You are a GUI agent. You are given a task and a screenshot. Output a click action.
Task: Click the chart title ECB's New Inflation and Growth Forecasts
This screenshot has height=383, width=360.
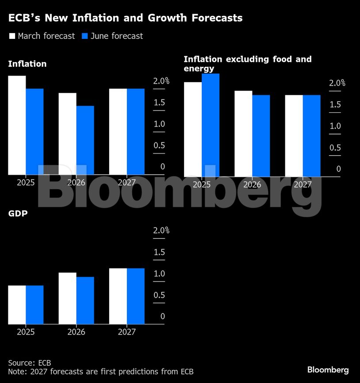click(x=125, y=18)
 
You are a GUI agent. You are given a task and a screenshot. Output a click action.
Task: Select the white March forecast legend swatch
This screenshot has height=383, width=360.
click(x=12, y=36)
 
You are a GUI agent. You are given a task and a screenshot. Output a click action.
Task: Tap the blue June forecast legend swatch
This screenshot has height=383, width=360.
click(x=85, y=36)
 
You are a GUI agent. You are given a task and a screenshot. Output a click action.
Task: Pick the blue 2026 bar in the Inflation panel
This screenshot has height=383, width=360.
click(x=85, y=140)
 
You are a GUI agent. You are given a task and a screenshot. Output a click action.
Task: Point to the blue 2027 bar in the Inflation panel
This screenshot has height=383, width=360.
click(x=136, y=132)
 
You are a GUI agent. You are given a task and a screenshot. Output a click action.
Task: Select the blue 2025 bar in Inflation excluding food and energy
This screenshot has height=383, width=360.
click(x=211, y=125)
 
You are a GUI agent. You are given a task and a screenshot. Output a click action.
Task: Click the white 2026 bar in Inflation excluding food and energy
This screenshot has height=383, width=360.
click(x=243, y=134)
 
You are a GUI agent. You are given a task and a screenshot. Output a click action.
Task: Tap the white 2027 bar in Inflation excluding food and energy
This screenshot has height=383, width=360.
click(x=294, y=136)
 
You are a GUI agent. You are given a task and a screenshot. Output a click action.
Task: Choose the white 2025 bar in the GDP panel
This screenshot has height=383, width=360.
click(x=17, y=305)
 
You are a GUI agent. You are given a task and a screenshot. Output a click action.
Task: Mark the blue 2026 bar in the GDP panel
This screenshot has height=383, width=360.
click(x=85, y=300)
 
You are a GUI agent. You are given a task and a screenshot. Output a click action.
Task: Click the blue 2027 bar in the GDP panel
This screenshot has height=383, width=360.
click(x=136, y=296)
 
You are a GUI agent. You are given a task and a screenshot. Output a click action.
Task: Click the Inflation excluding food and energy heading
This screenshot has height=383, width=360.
click(x=247, y=64)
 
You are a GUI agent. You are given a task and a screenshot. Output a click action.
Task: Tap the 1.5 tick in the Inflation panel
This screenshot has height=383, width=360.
click(x=159, y=103)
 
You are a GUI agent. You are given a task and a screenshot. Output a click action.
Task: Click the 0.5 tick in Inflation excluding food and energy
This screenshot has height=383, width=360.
click(x=335, y=148)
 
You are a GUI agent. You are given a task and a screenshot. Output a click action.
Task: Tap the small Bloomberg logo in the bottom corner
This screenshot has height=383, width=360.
click(x=328, y=370)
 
